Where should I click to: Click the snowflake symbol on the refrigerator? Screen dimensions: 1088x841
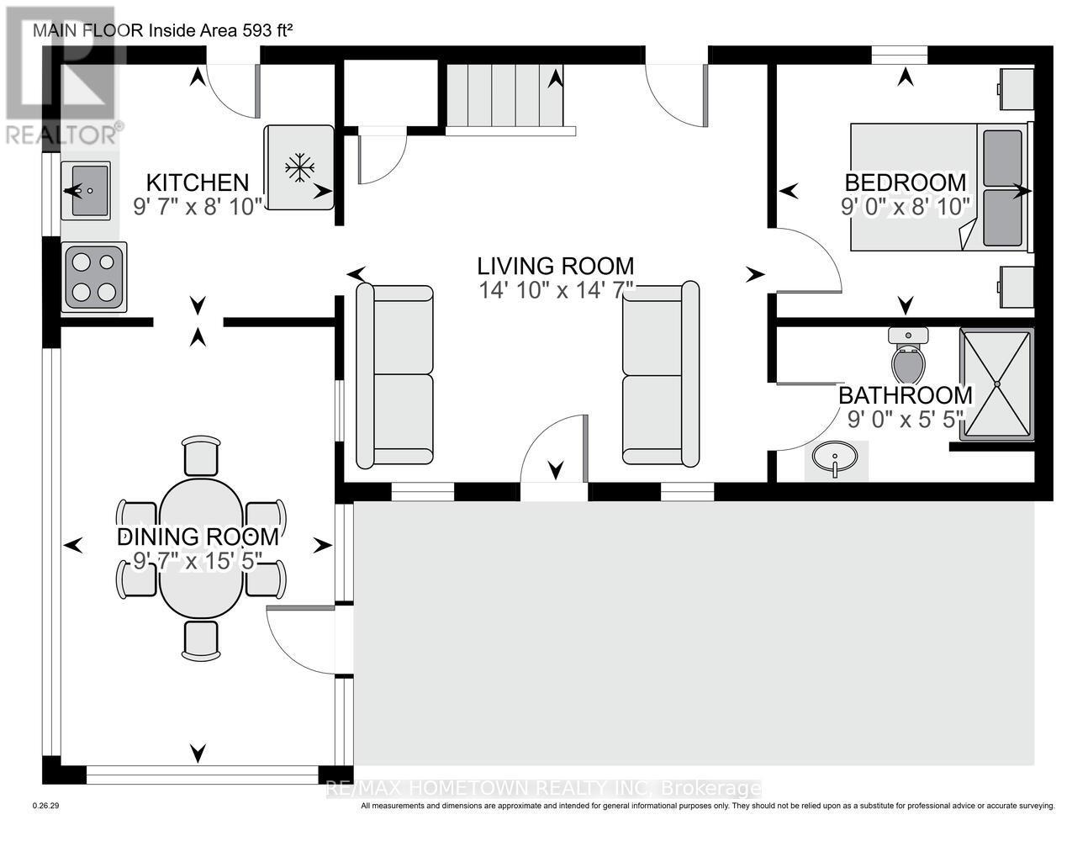click(299, 167)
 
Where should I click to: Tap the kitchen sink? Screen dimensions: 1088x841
click(86, 190)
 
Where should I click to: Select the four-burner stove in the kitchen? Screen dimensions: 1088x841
click(93, 277)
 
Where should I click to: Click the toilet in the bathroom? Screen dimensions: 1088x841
click(908, 356)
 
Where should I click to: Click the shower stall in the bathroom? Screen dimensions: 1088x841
click(996, 384)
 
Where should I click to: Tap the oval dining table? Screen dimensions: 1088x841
click(201, 548)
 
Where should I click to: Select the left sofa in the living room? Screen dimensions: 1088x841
click(394, 375)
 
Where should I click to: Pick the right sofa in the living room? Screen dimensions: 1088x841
click(660, 374)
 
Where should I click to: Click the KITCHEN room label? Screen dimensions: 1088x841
click(198, 182)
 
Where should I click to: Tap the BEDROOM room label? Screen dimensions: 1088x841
click(906, 182)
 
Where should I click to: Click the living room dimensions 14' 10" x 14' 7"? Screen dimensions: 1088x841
click(556, 290)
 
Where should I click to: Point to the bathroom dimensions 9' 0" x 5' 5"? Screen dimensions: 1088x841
click(906, 420)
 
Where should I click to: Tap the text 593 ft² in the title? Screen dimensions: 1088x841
click(268, 31)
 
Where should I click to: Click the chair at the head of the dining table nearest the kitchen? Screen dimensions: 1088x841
click(201, 455)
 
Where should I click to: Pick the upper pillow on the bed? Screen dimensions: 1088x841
click(1002, 158)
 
